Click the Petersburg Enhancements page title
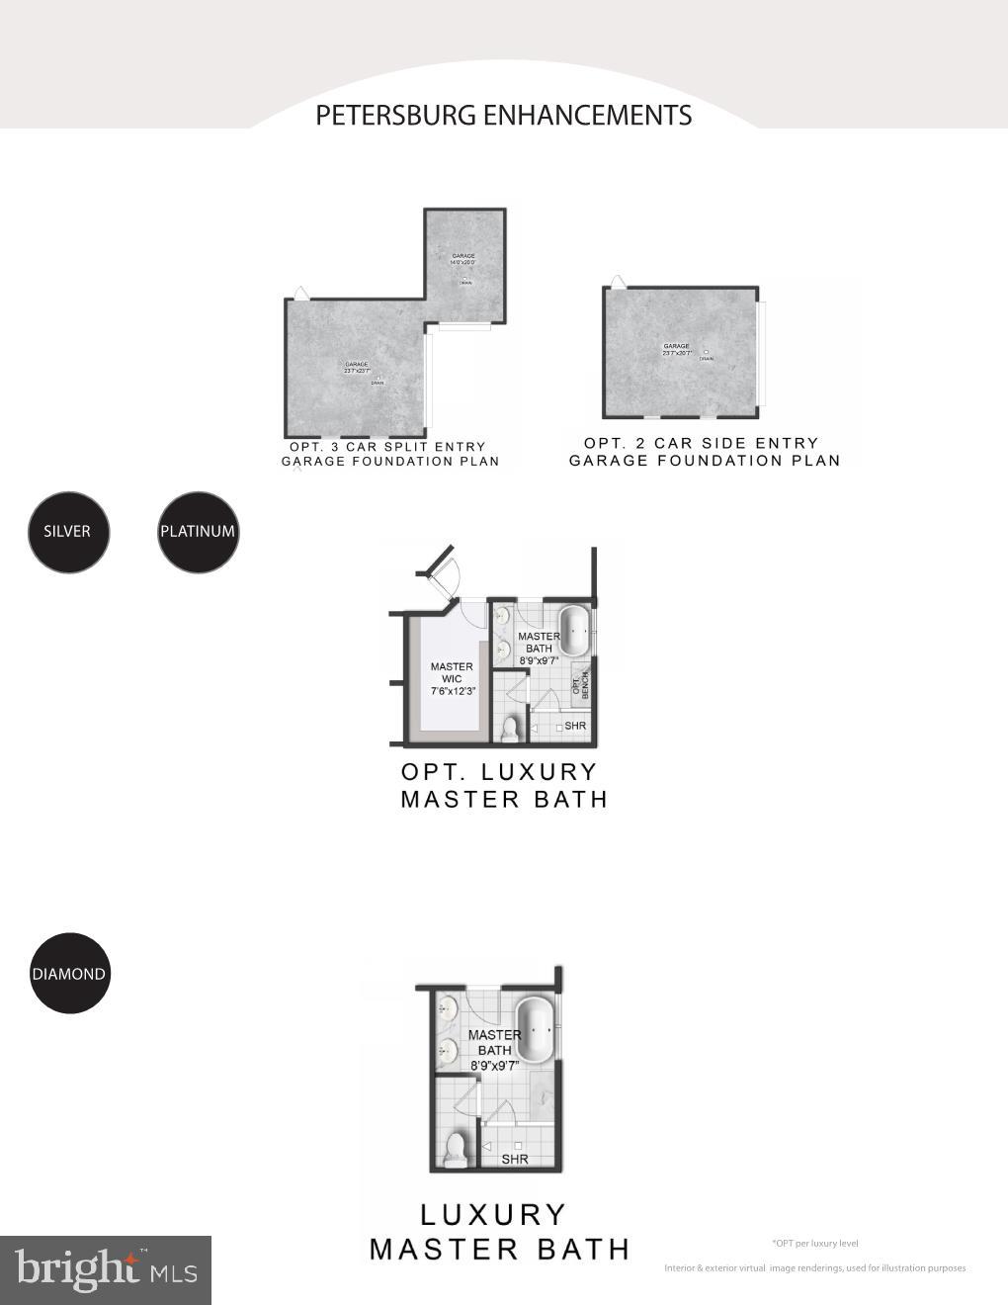(x=503, y=116)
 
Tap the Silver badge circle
(x=67, y=532)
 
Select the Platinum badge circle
(x=198, y=532)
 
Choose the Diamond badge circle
(x=68, y=974)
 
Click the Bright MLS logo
(x=106, y=1269)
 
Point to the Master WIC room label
(x=452, y=679)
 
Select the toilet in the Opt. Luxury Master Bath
(x=510, y=730)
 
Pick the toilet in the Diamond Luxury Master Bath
(x=456, y=1150)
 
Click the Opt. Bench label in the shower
(x=580, y=684)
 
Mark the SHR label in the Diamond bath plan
(x=515, y=1159)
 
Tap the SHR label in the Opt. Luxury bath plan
(x=575, y=726)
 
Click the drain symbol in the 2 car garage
(x=706, y=352)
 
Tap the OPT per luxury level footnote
(x=814, y=1243)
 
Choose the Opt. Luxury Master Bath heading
(x=502, y=785)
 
